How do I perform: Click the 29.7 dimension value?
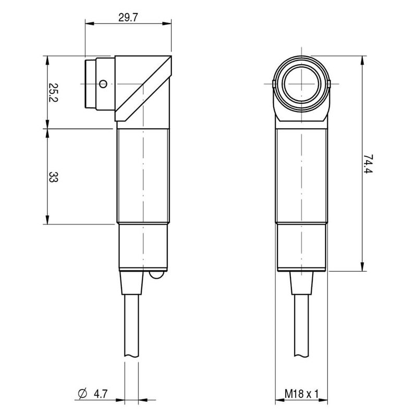(128, 18)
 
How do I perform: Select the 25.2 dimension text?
(53, 93)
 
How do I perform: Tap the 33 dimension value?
(53, 177)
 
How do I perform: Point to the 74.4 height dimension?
(368, 164)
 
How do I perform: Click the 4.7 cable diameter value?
(101, 394)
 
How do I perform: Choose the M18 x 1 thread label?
(301, 394)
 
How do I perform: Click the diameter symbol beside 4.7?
(83, 394)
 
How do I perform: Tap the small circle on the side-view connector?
(103, 84)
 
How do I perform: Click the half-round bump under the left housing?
(157, 275)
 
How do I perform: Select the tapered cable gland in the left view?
(132, 283)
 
